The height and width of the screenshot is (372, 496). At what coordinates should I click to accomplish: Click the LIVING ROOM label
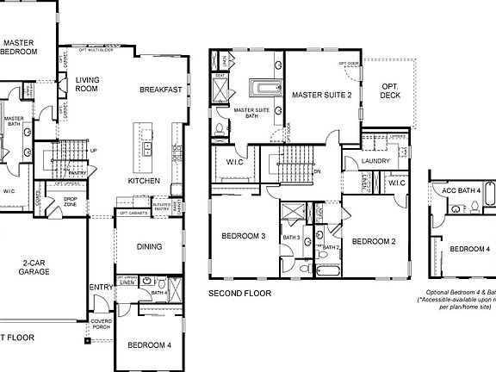coord(88,84)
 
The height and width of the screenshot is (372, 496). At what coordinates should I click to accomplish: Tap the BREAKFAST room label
coord(160,89)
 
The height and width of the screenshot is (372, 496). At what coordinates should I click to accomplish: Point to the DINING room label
coord(149,247)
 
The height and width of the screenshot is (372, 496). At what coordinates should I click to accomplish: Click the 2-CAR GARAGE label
coord(35,267)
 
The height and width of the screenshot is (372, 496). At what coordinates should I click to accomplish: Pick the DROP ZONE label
coord(71,202)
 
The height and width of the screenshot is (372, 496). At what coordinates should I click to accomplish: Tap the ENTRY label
coord(100,288)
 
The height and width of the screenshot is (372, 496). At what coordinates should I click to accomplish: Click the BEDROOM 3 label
coord(243,236)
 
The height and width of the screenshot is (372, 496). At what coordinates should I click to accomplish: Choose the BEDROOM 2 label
coord(374,241)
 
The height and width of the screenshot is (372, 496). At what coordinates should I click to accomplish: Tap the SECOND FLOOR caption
coord(239,294)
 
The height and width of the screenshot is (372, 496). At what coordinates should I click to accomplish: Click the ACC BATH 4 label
coord(460,190)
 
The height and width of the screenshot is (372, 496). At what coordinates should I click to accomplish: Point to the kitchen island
coord(142,146)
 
